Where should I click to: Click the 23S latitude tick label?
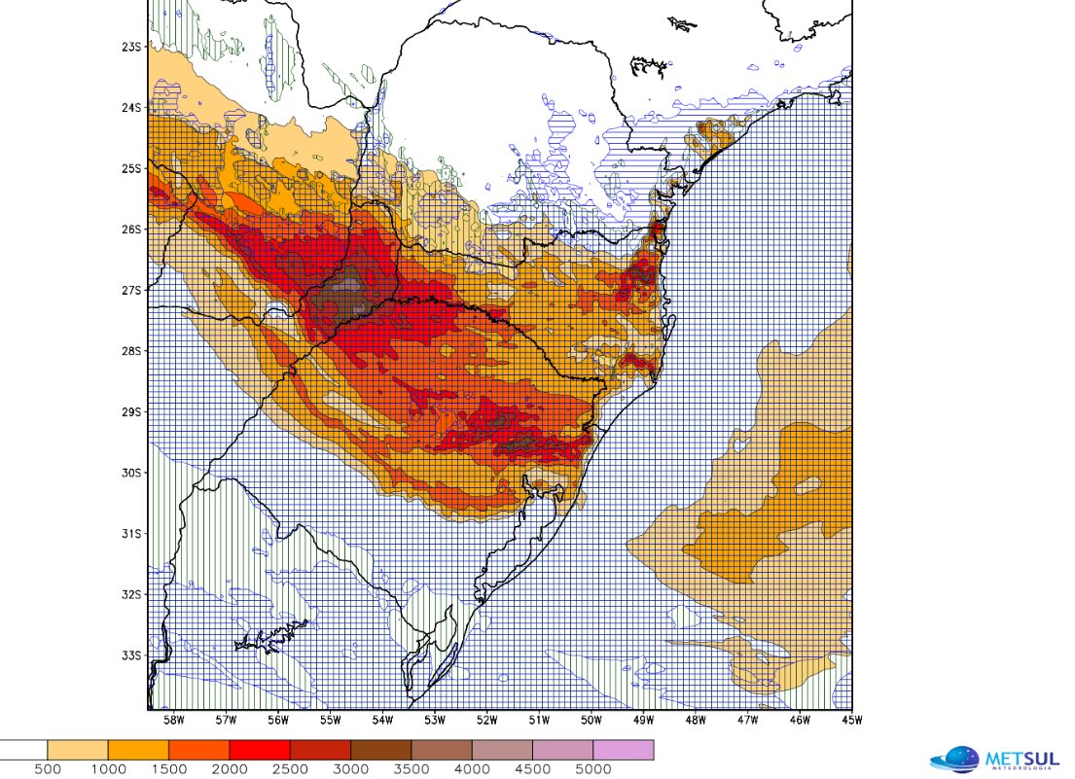tap(132, 47)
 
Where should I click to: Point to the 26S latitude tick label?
tap(132, 230)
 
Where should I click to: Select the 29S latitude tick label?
tap(132, 411)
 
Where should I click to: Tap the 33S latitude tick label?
tap(132, 655)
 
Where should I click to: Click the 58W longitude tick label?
tap(174, 721)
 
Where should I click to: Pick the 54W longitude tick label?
tap(382, 721)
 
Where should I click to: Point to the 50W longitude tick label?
tap(591, 721)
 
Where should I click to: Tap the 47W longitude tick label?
tap(747, 721)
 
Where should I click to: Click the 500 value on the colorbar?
tap(47, 769)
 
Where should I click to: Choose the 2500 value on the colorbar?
tap(289, 769)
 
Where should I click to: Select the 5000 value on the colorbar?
tap(592, 769)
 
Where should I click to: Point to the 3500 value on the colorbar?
tap(411, 769)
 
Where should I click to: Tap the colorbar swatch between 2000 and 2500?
tap(259, 750)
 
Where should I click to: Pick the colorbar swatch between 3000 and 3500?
tap(380, 750)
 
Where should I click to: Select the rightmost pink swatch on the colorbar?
tap(623, 750)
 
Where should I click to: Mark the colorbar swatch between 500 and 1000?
tap(77, 750)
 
